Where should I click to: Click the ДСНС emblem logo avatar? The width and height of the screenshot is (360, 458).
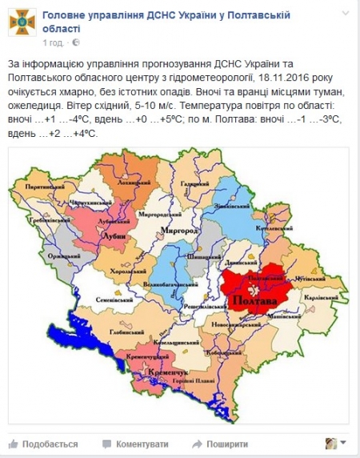[19, 25]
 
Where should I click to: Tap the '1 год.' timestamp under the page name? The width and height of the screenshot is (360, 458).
[53, 42]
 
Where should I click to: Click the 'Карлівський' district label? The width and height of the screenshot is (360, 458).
[318, 298]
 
